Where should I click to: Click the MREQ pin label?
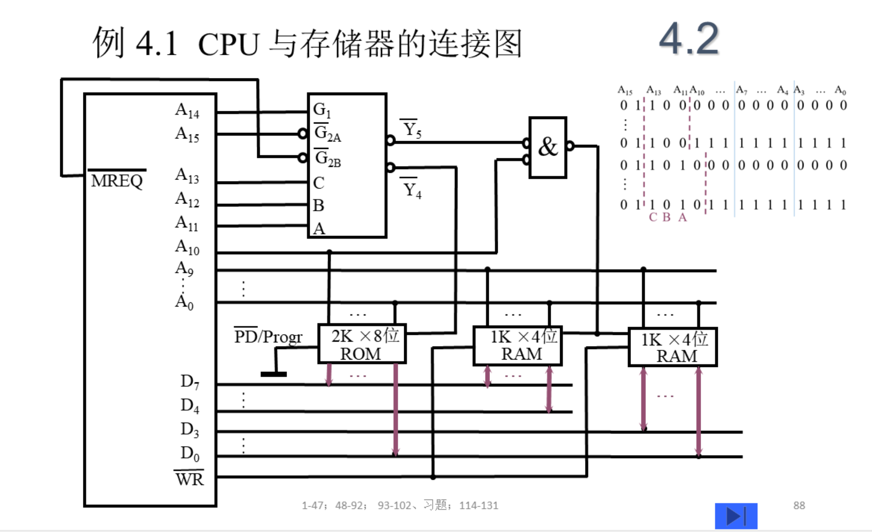[x=117, y=180]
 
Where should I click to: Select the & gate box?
[x=547, y=147]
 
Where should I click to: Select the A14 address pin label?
[x=187, y=110]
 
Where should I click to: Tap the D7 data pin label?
[x=189, y=381]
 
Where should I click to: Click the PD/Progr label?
[x=268, y=336]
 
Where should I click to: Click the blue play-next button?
[x=736, y=516]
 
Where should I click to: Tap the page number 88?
[x=799, y=505]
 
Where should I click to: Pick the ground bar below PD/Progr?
[x=273, y=374]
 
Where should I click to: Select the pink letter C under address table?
[x=653, y=217]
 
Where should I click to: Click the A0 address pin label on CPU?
[x=184, y=302]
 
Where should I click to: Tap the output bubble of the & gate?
[x=570, y=146]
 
